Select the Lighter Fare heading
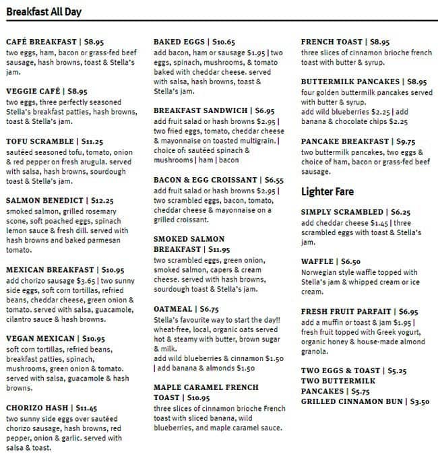(x=327, y=192)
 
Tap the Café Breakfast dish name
(x=40, y=41)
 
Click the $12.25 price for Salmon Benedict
(x=102, y=200)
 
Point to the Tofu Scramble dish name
(x=40, y=141)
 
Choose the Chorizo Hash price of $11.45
(x=87, y=408)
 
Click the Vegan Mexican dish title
(x=40, y=338)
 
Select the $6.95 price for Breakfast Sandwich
(x=265, y=110)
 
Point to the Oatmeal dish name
(x=173, y=308)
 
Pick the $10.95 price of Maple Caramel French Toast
(x=197, y=397)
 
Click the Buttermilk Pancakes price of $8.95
(x=416, y=82)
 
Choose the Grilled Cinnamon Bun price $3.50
(x=420, y=401)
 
